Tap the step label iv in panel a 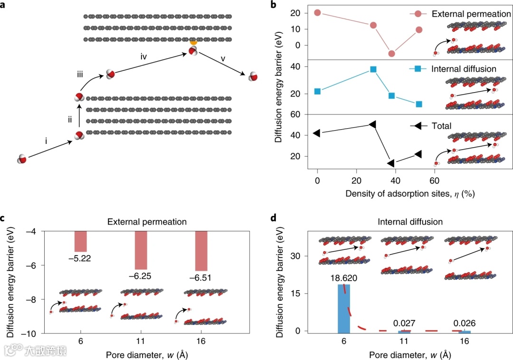point(144,57)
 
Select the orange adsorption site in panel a point(193,43)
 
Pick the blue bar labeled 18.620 point(344,308)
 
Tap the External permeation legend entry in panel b point(471,14)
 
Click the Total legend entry point(441,126)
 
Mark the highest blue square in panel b point(373,69)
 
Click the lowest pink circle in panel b point(391,54)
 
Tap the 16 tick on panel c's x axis point(202,341)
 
